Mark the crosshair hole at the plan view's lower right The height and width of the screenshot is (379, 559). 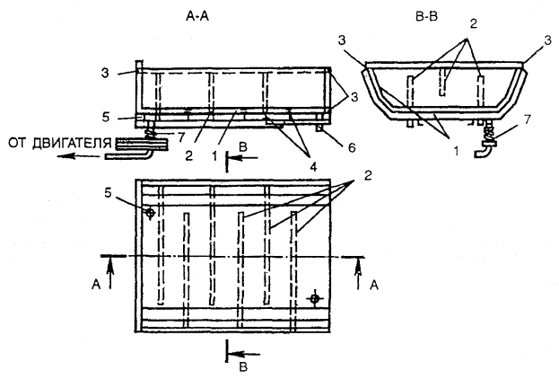click(x=314, y=298)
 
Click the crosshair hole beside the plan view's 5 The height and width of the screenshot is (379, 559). click(x=151, y=213)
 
